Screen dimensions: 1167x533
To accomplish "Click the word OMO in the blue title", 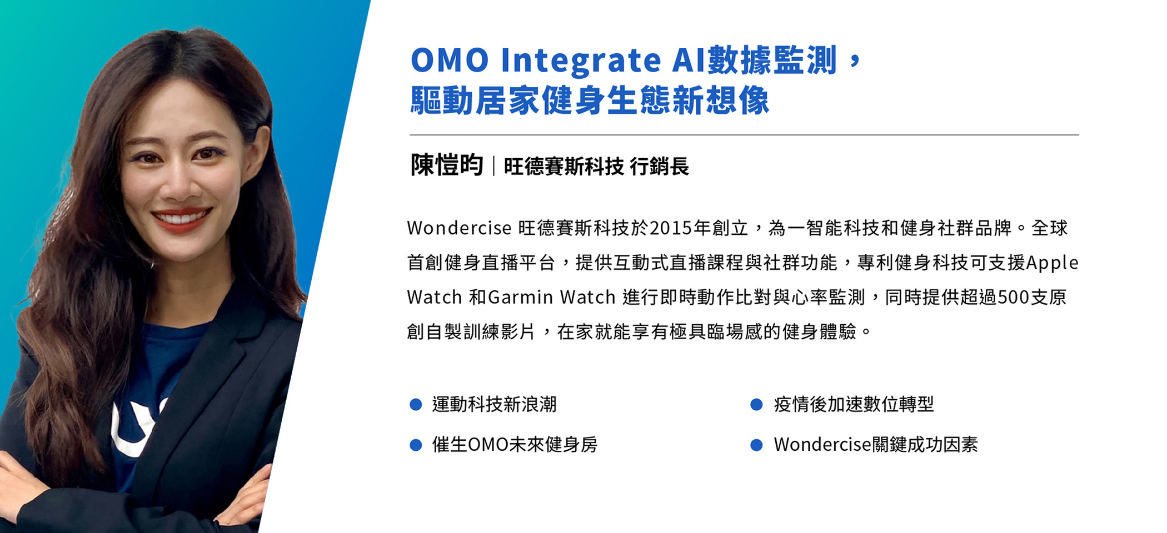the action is coord(450,60).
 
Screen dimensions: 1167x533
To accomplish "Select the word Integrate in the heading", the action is coord(581,62).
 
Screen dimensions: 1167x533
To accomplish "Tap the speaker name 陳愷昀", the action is coord(447,165).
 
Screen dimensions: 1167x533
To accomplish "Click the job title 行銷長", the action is coord(659,166).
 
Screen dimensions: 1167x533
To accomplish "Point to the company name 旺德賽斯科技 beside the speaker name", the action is coord(563,166).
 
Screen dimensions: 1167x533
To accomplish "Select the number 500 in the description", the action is coord(1014,298).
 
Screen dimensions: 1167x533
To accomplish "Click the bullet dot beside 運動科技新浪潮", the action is coord(416,405).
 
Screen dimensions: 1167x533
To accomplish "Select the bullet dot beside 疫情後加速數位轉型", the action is coord(756,405).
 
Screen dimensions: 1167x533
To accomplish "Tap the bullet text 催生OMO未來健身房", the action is coord(515,445).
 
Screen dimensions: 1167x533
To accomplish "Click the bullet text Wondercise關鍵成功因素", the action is coord(876,445).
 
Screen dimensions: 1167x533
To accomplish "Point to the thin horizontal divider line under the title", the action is coord(744,135).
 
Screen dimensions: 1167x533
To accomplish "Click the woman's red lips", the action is coord(182,219).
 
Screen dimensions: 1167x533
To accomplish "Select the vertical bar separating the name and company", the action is coord(493,166).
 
